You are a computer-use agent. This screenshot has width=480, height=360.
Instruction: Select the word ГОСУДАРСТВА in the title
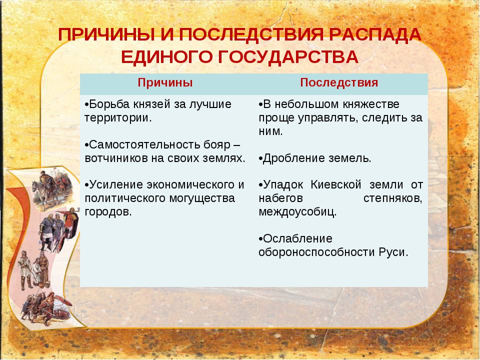click(x=288, y=57)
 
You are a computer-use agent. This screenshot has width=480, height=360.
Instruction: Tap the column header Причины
click(x=165, y=82)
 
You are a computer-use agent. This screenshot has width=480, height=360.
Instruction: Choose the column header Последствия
click(x=339, y=82)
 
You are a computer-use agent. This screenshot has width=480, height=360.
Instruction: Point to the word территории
click(x=118, y=118)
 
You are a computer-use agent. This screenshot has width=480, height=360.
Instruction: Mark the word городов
click(x=108, y=212)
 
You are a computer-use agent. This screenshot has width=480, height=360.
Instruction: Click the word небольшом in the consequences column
click(x=306, y=104)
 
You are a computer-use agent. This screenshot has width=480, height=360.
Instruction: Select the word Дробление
click(x=294, y=158)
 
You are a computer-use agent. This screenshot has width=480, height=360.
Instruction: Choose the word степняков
click(x=393, y=198)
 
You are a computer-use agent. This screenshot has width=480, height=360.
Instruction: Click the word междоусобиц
click(x=297, y=212)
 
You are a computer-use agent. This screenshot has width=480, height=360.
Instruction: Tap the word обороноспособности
click(x=316, y=252)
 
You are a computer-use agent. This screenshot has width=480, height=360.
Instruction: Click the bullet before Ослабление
click(x=260, y=239)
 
